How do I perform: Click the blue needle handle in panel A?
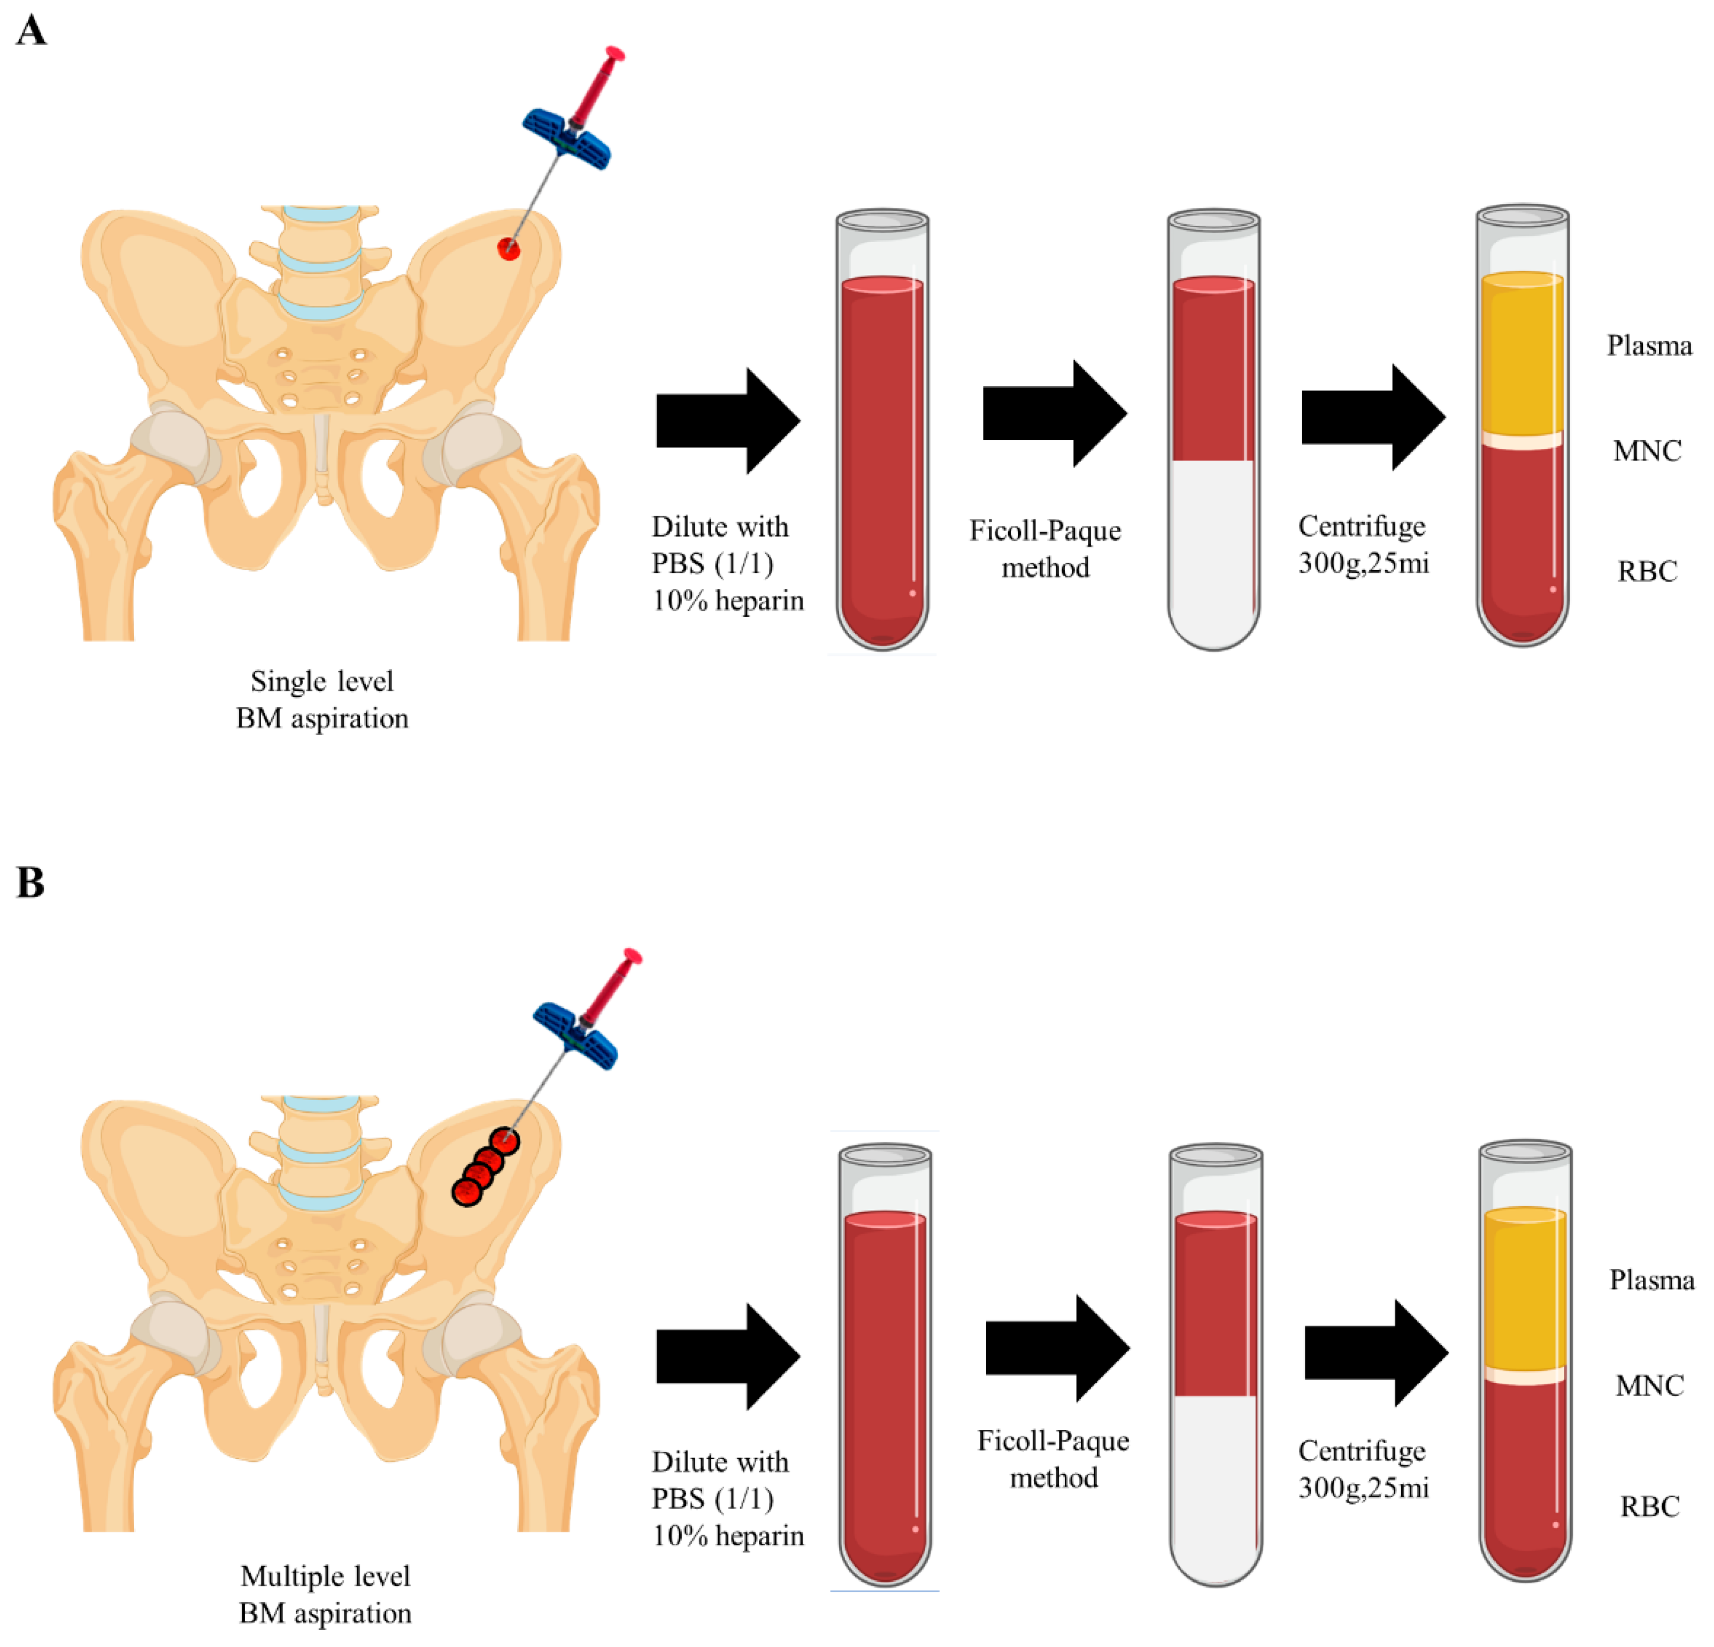click(567, 138)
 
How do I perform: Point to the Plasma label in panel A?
click(1648, 346)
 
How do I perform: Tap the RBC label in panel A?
click(1647, 571)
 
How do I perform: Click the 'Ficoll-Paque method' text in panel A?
click(1045, 548)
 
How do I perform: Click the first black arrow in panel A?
click(727, 421)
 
